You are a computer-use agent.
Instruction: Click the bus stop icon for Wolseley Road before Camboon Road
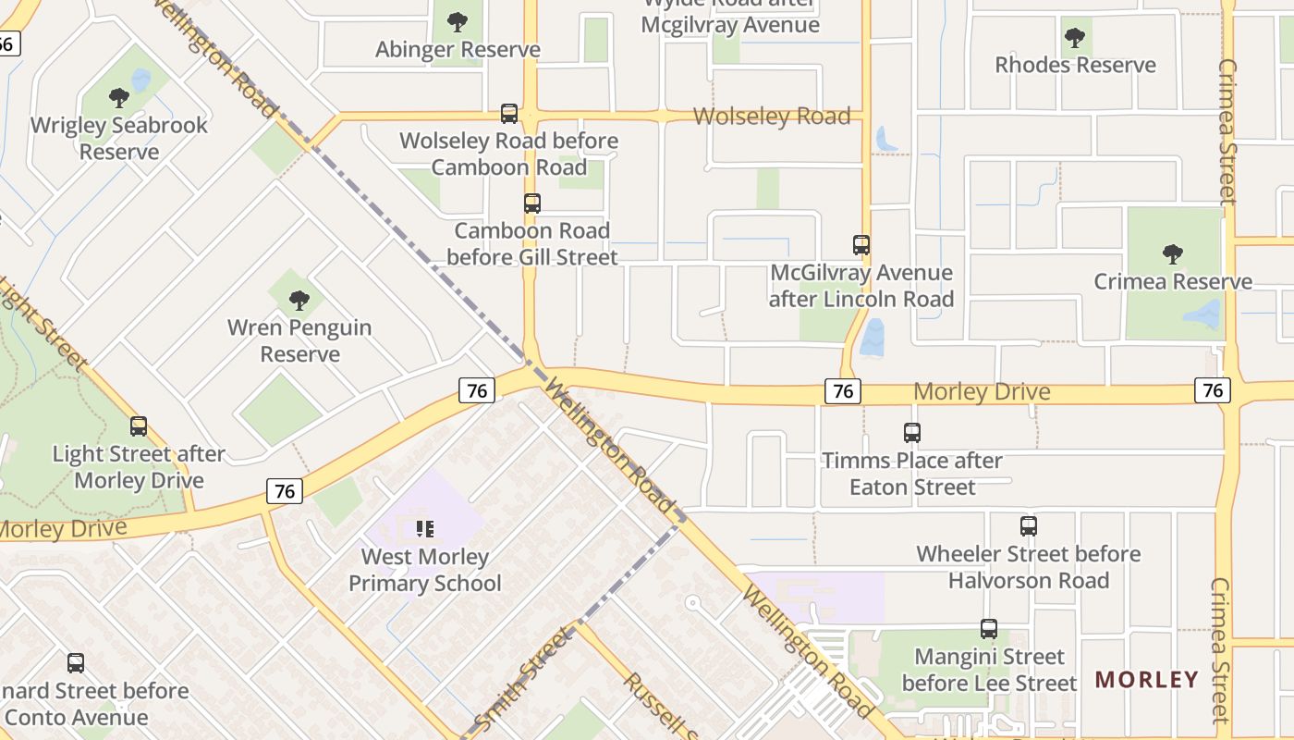pos(509,114)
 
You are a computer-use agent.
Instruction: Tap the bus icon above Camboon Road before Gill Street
pos(532,203)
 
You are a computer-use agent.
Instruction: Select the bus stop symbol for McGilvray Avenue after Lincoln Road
pos(861,245)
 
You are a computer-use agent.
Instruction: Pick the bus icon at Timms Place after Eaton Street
pos(912,433)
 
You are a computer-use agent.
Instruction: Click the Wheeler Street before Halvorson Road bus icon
pos(1029,526)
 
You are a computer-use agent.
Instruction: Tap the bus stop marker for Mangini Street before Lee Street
pos(989,629)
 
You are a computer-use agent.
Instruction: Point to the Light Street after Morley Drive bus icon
pos(139,426)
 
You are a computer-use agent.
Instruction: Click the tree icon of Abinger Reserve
pos(457,21)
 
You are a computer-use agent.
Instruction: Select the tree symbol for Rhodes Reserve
pos(1075,38)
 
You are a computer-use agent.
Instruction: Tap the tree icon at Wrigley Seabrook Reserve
pos(118,97)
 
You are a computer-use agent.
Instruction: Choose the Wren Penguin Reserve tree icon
pos(299,300)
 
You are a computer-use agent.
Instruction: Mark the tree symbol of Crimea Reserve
pos(1173,253)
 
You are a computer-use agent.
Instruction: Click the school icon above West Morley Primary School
pos(425,529)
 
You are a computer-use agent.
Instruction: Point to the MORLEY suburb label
pos(1146,680)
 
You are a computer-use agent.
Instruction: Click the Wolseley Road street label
pos(772,117)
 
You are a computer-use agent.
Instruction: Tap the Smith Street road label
pos(523,679)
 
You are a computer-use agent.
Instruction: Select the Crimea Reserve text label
pos(1173,281)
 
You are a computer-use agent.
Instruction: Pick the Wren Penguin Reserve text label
pos(299,340)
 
